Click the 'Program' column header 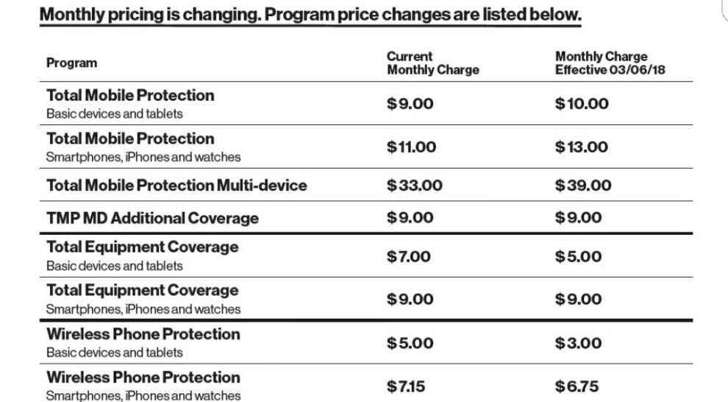tap(71, 63)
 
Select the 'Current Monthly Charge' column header tap(432, 63)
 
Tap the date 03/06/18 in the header tap(636, 70)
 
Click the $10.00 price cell tap(582, 104)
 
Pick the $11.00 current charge tap(411, 147)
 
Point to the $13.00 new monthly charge tap(581, 147)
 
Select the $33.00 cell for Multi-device tap(415, 186)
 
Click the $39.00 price tap(582, 186)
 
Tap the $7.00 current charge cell tap(409, 257)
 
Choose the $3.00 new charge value tap(578, 343)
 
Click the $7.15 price tap(406, 386)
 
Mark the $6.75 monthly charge tap(579, 386)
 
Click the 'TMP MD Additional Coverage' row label tap(152, 219)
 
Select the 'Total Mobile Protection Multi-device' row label tap(176, 186)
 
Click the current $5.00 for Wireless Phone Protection tap(410, 343)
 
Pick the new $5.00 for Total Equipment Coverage tap(578, 257)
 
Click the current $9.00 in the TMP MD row tap(410, 218)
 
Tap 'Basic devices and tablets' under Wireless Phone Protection tap(114, 353)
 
